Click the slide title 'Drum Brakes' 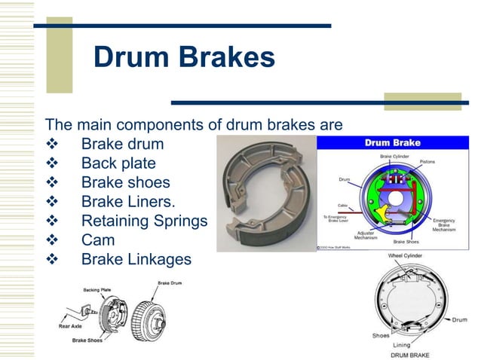(184, 57)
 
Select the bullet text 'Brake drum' (122, 143)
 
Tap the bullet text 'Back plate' (118, 163)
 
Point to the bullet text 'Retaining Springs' (143, 221)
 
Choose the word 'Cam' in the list (98, 240)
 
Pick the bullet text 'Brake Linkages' (136, 259)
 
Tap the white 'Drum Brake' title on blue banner (393, 142)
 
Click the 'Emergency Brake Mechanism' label (443, 224)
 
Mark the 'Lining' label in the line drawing (402, 345)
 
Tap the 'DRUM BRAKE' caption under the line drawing (410, 354)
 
